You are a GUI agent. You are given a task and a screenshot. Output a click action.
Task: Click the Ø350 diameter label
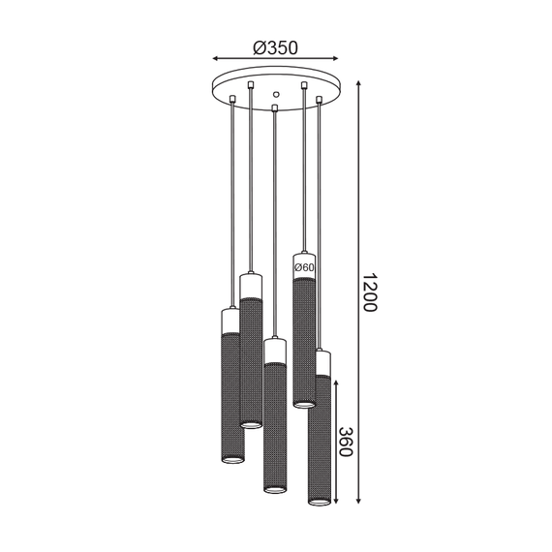274,46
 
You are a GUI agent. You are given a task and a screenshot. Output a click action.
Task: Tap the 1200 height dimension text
369,290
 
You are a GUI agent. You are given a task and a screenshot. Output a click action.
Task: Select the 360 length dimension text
346,443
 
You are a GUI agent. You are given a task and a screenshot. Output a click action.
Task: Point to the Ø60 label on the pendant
303,266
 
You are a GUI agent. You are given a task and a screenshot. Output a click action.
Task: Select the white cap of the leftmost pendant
232,320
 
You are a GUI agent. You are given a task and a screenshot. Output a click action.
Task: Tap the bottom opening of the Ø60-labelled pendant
304,403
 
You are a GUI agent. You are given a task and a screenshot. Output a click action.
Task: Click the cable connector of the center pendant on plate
276,107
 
